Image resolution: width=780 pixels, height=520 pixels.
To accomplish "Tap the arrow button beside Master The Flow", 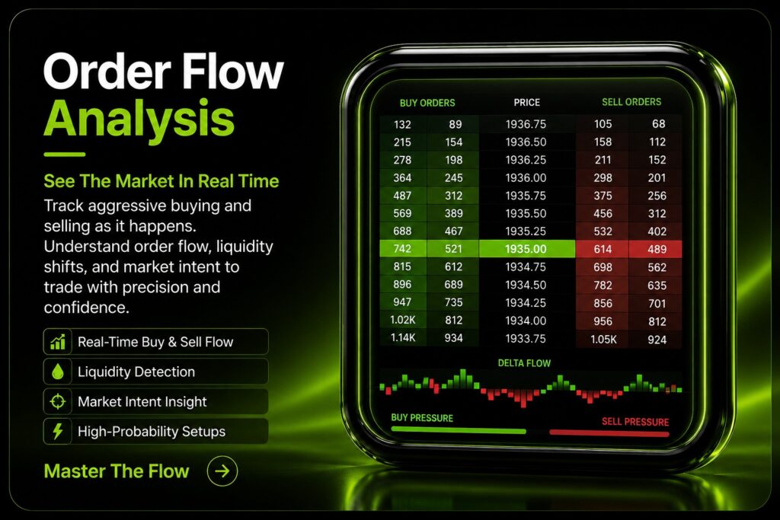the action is point(222,471).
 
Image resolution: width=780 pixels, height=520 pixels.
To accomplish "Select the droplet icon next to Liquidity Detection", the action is point(58,372).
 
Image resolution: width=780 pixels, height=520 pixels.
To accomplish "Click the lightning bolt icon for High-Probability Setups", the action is point(58,431).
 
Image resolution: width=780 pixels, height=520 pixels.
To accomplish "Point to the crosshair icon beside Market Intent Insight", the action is point(58,401).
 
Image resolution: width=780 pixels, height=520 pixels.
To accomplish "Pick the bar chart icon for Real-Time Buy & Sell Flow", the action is point(58,342).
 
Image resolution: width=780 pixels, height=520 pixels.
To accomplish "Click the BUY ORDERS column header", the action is point(427,103).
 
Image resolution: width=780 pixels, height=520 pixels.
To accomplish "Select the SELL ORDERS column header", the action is point(631,102).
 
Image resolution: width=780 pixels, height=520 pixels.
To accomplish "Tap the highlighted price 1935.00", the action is point(526,248).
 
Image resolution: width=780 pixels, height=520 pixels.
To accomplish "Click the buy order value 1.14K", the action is point(402,338).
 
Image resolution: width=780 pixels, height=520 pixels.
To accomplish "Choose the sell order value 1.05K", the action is point(603,340).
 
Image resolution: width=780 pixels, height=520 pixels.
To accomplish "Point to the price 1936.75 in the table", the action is point(526,124).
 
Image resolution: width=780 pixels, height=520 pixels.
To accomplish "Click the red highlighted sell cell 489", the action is point(657,249).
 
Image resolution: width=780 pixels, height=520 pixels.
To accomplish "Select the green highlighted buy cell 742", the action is point(402,248).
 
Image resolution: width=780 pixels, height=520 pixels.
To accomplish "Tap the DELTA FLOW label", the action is point(524,363).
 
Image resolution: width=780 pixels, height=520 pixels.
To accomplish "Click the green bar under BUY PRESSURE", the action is point(459,430).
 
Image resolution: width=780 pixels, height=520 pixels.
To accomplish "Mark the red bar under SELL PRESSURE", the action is point(609,433).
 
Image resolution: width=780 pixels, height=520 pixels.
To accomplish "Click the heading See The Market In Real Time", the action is point(161,181).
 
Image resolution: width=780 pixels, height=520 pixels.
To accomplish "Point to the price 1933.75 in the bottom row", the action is point(526,339).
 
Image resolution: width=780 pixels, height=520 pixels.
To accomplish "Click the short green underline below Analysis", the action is point(65,155).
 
